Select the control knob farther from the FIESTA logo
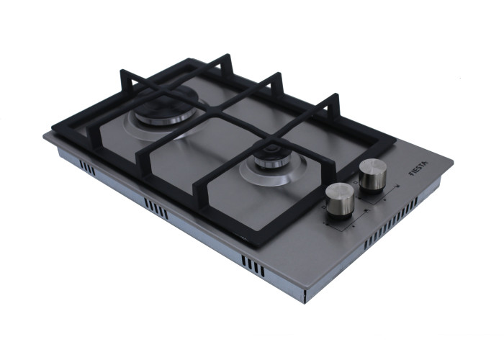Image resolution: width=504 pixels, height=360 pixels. (340, 201)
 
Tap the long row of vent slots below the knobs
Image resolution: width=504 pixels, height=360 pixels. (390, 224)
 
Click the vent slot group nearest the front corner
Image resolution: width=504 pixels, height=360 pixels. (253, 266)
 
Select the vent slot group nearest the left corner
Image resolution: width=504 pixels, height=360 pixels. (87, 168)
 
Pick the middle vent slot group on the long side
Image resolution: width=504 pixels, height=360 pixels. (156, 208)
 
